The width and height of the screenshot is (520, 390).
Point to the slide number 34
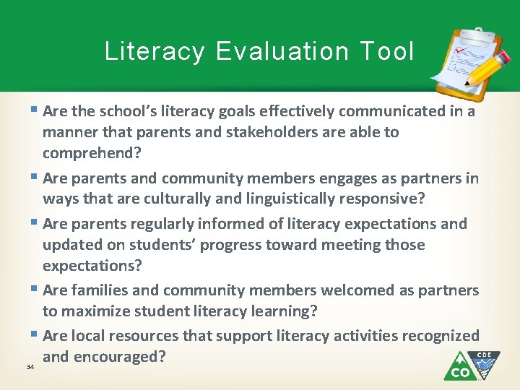(x=30, y=367)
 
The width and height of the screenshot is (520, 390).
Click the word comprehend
(x=88, y=153)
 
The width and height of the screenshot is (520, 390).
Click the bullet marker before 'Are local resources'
(x=35, y=335)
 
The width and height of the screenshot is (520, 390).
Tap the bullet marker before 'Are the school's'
(x=35, y=111)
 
